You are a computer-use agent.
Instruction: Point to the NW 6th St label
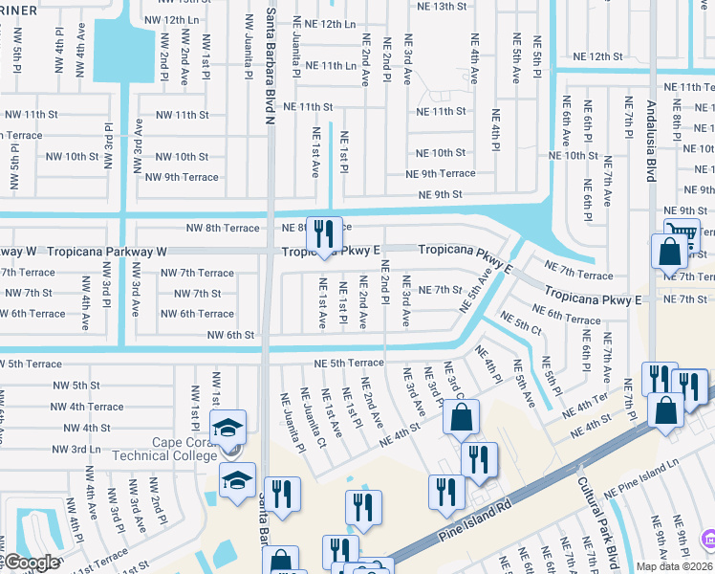point(230,335)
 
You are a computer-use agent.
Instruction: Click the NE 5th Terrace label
point(349,364)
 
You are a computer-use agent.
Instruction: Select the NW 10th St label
point(182,157)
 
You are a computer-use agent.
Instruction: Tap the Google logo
point(32,563)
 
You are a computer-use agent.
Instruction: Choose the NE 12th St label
point(598,57)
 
